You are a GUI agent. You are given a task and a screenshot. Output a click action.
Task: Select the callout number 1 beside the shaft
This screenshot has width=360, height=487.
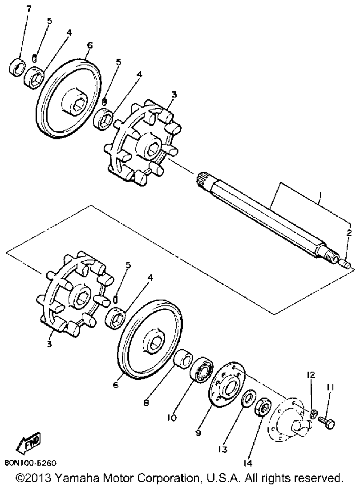click(x=319, y=196)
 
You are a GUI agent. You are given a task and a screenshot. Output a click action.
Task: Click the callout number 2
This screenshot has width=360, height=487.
click(x=348, y=233)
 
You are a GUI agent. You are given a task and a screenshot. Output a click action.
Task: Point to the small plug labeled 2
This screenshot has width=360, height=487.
click(x=346, y=265)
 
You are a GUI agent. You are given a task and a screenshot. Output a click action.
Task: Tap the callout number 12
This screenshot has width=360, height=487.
click(x=311, y=375)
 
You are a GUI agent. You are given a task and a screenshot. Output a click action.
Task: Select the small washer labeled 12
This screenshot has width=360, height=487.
click(x=314, y=413)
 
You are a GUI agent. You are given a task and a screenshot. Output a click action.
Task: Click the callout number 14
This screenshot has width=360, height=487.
click(x=247, y=463)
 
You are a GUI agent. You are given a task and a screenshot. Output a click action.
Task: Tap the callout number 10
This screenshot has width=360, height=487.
click(x=171, y=418)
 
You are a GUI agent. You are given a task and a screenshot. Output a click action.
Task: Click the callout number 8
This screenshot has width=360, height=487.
click(x=146, y=403)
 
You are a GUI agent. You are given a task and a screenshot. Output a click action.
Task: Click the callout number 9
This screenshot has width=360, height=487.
click(x=198, y=433)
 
